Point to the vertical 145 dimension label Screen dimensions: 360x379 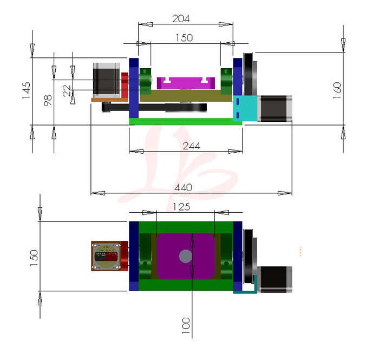[x=26, y=90]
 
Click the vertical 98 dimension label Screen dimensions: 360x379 [x=48, y=100]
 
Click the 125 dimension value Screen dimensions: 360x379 [x=181, y=206]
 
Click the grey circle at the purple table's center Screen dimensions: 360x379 [x=185, y=256]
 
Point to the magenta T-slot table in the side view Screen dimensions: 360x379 [x=184, y=83]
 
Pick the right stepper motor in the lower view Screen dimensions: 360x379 [x=275, y=279]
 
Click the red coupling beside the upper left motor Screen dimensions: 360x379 [x=124, y=85]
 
